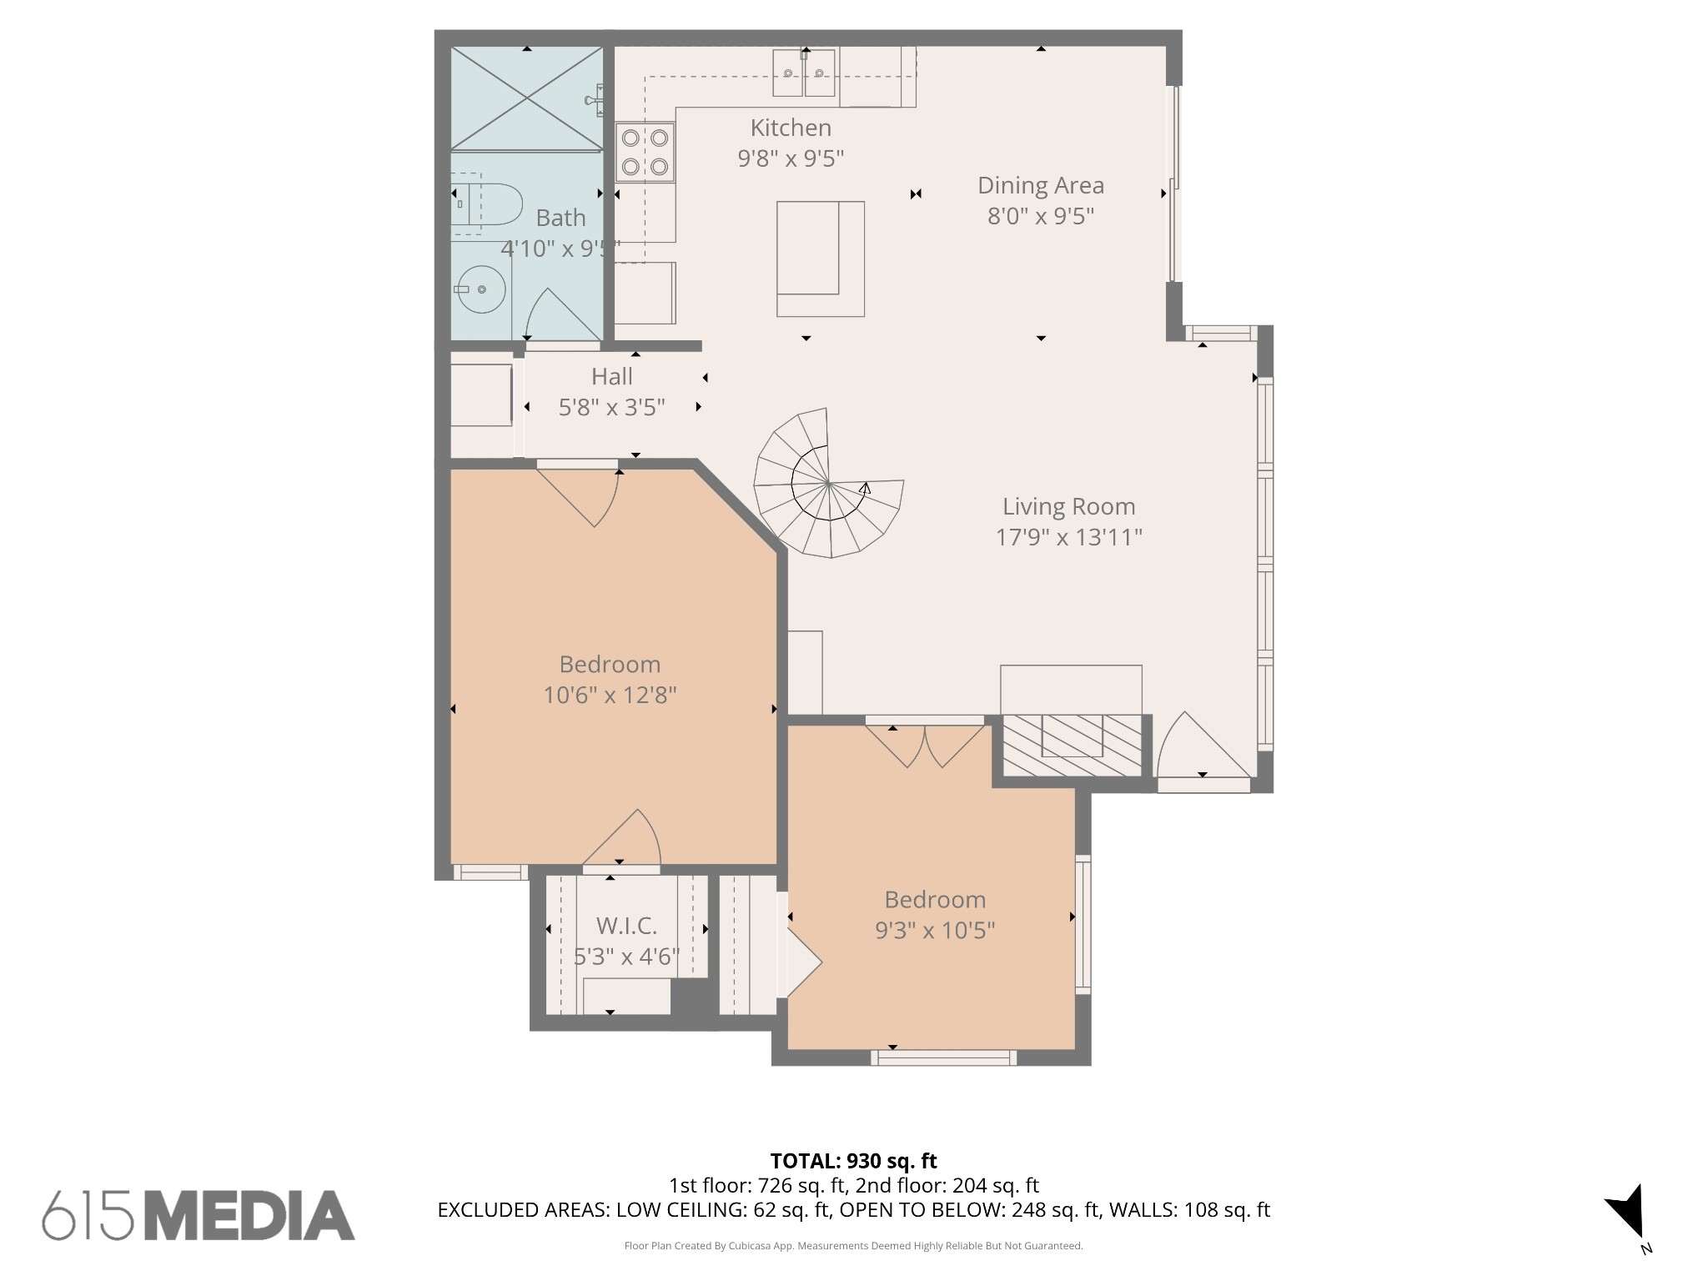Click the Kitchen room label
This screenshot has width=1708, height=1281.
[791, 128]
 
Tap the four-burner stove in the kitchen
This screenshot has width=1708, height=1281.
[645, 152]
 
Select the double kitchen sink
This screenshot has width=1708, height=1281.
[804, 73]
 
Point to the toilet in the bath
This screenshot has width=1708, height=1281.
[486, 203]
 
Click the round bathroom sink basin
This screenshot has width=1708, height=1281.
[481, 289]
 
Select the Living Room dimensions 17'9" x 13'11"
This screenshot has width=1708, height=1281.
[1069, 536]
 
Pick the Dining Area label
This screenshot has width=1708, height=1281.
[1041, 185]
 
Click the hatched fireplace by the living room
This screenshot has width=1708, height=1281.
[1072, 746]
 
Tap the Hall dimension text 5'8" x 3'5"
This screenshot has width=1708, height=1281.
[612, 407]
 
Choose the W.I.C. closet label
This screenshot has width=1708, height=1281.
[626, 926]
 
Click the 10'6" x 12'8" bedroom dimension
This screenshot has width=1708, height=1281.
[610, 695]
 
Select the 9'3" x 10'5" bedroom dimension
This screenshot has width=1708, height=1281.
[935, 930]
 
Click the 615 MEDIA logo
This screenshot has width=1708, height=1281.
[198, 1215]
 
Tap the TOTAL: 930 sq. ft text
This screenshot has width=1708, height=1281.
[853, 1161]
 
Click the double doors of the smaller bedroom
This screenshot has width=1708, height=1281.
[925, 746]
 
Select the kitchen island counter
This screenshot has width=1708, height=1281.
[821, 259]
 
